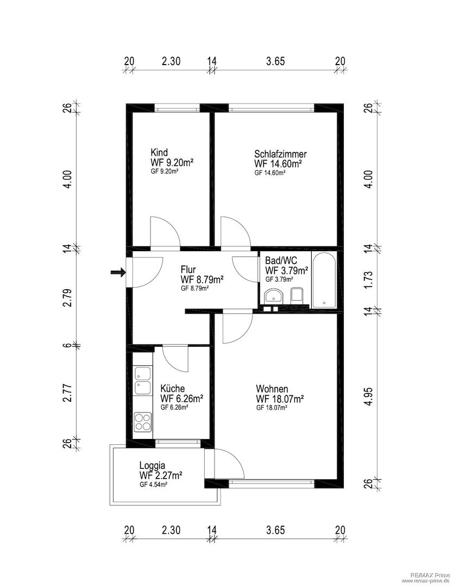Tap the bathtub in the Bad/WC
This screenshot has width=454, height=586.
[x=324, y=280]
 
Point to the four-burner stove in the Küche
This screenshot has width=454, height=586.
[x=143, y=422]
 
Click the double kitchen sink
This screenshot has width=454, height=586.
[x=143, y=381]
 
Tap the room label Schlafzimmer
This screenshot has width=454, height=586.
[x=280, y=154]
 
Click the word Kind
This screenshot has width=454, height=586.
[x=159, y=152]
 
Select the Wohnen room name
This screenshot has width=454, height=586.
[x=272, y=388]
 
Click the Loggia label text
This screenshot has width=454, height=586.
[x=152, y=466]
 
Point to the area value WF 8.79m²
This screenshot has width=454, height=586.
[x=202, y=279]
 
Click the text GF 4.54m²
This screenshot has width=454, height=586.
[x=153, y=485]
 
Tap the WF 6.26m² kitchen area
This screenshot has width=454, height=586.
[x=182, y=398]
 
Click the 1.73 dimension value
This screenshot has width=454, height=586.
[x=369, y=279]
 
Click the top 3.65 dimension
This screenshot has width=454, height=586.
[x=276, y=61]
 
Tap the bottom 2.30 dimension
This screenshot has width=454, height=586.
[x=171, y=530]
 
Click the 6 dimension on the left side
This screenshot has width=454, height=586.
[x=67, y=345]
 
